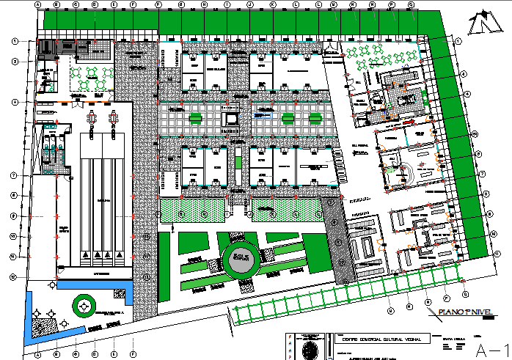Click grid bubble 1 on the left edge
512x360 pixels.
tap(14, 42)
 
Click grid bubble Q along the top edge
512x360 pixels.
tap(411, 5)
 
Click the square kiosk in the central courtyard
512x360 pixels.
tap(230, 117)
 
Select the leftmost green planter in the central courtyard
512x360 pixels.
tap(194, 117)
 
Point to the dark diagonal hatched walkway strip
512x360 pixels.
tap(337, 241)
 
